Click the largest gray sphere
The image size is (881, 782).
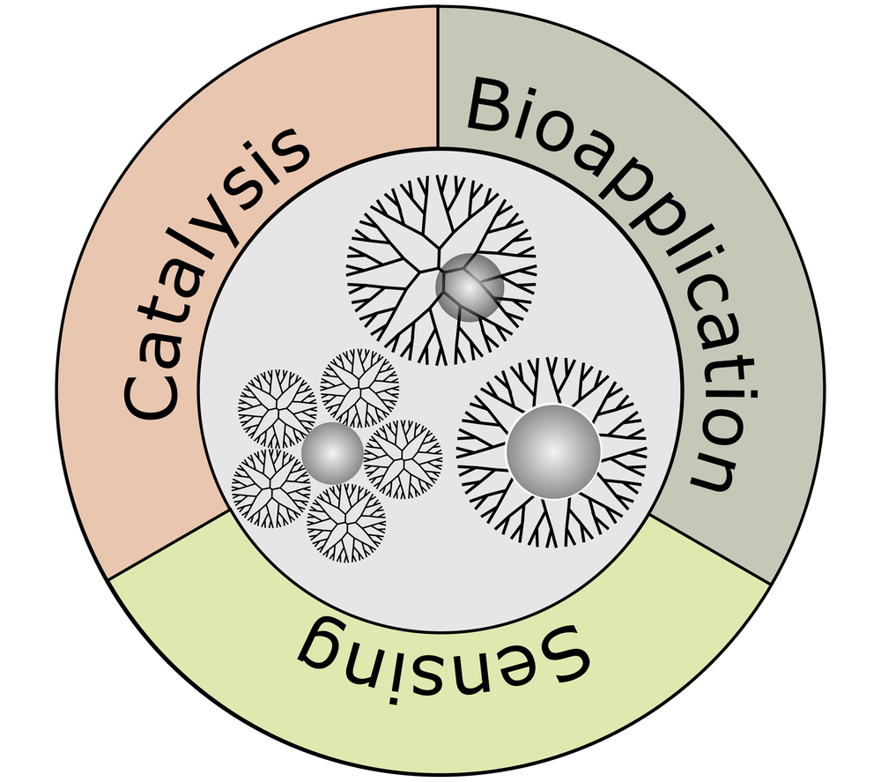click(553, 451)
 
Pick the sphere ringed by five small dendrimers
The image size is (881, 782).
click(332, 453)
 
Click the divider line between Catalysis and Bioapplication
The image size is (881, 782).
click(438, 79)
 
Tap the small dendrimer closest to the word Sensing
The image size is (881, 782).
click(346, 522)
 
